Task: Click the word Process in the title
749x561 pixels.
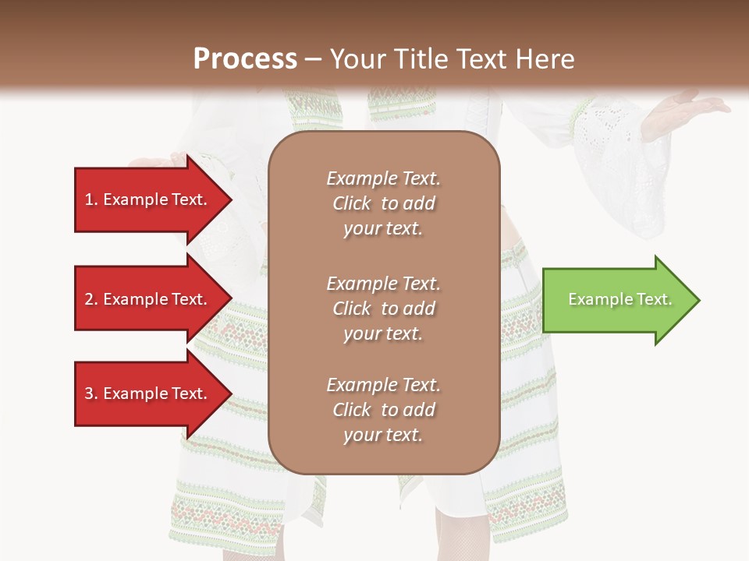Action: pyautogui.click(x=245, y=59)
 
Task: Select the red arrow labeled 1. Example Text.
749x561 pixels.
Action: pyautogui.click(x=148, y=199)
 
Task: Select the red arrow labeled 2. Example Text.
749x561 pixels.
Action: pyautogui.click(x=148, y=299)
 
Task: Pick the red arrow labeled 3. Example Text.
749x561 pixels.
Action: pyautogui.click(x=148, y=393)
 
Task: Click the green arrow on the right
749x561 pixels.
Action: pyautogui.click(x=616, y=299)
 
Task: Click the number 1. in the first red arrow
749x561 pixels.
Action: pyautogui.click(x=91, y=199)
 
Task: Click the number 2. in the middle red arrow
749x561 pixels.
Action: pyautogui.click(x=91, y=299)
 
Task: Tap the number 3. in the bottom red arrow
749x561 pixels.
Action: pyautogui.click(x=91, y=393)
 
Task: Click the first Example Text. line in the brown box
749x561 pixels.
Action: pyautogui.click(x=383, y=178)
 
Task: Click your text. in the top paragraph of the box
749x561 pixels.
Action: pyautogui.click(x=383, y=229)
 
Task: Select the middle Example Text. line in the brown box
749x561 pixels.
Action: pyautogui.click(x=383, y=284)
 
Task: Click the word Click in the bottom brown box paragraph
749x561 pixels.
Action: pyautogui.click(x=352, y=410)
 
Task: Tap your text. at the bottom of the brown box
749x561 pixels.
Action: pyautogui.click(x=383, y=436)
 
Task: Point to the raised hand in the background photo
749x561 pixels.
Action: pyautogui.click(x=687, y=109)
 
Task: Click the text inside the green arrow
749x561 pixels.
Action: pyautogui.click(x=619, y=299)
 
